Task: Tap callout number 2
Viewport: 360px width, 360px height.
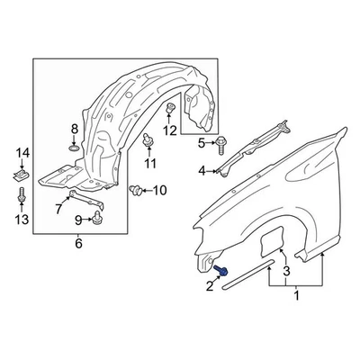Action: [211, 287]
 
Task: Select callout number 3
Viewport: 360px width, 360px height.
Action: [286, 271]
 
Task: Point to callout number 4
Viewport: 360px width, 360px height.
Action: [202, 170]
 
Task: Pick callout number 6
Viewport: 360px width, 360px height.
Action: [78, 243]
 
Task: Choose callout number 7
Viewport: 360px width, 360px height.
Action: [59, 211]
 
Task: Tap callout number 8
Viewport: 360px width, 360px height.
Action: [75, 130]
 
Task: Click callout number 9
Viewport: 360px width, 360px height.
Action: [79, 220]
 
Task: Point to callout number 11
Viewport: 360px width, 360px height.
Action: [150, 163]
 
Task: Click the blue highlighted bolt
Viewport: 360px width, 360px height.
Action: [223, 272]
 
